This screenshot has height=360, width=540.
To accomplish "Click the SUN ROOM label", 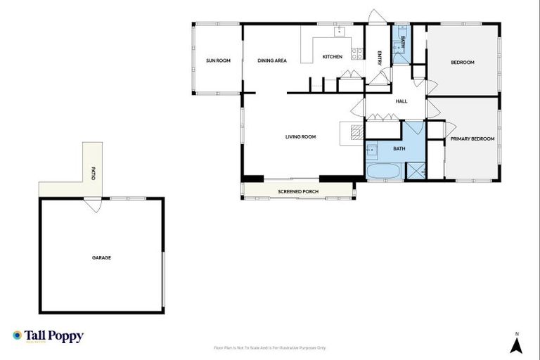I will [218, 61].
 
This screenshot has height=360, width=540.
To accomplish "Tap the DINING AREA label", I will [271, 61].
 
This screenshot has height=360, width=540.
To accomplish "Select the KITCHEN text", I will [333, 56].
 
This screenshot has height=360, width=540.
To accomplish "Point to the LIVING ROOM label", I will [300, 136].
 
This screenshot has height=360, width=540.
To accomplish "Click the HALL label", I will [401, 101].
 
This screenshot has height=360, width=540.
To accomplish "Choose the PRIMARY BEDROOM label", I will [472, 139].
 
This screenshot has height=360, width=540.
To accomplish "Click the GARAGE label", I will [101, 257].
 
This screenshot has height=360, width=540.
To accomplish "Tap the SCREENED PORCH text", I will [296, 191].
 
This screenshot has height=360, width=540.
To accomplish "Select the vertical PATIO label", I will [93, 172].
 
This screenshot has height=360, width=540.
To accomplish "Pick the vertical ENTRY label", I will [380, 58].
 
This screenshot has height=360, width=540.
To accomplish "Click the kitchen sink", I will [339, 31].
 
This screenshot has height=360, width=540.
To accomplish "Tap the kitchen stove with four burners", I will [358, 52].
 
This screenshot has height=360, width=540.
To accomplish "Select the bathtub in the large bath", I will [383, 172].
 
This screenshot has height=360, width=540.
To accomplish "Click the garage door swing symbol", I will [91, 207].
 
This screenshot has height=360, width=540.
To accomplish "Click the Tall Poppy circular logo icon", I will [18, 336].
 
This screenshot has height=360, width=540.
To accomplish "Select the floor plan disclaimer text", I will [269, 348].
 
